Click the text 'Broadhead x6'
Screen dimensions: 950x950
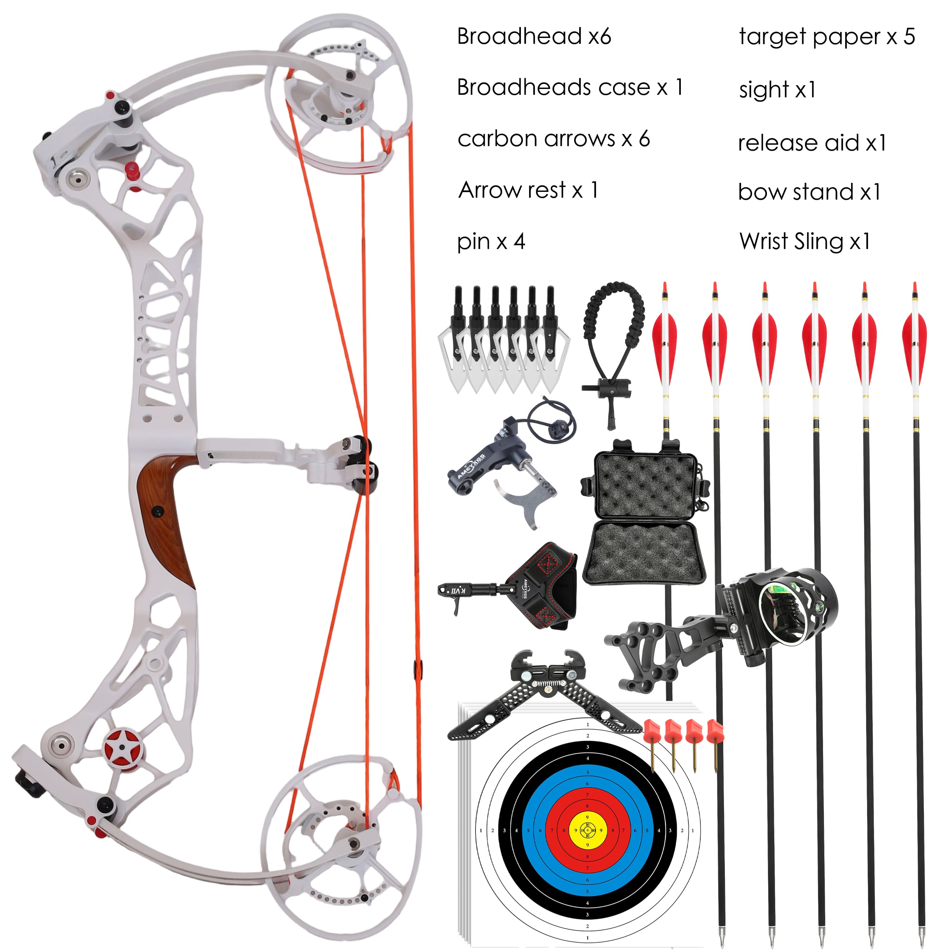pos(534,36)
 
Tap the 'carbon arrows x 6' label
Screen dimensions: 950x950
pos(553,139)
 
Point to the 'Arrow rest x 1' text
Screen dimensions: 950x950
pos(528,190)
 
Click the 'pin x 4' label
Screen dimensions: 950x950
pos(491,241)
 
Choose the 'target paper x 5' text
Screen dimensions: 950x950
pos(826,37)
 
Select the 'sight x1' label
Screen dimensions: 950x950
pos(777,90)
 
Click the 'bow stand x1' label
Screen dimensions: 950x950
pos(809,192)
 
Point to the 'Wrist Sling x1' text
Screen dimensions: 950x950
pos(804,241)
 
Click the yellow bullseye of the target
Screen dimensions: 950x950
pos(587,830)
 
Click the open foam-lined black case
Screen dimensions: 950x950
pos(644,516)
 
